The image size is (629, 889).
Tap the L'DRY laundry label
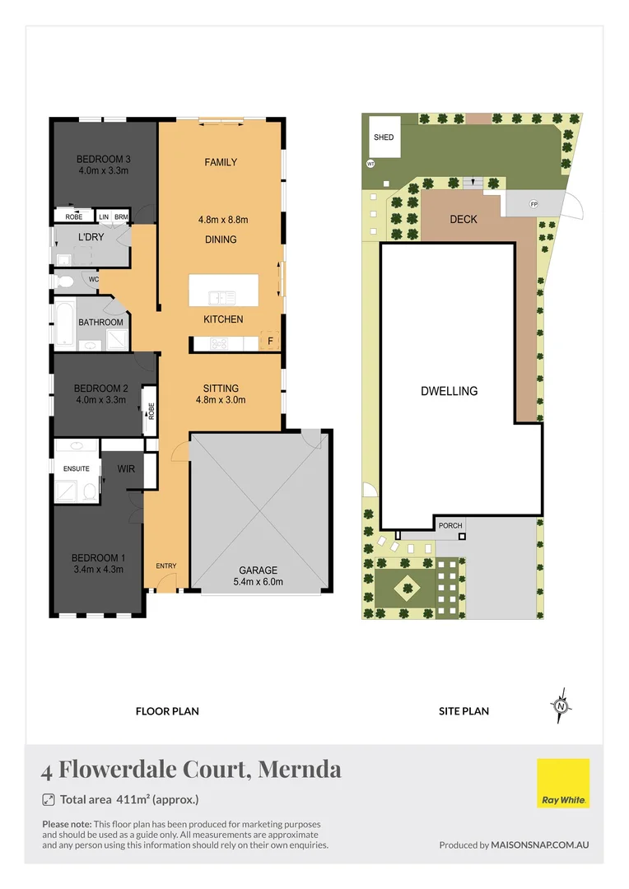tap(90, 238)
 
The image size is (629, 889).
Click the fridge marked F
tap(269, 340)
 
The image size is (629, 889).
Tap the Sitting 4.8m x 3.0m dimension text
tap(221, 400)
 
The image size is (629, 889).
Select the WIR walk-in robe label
tap(126, 468)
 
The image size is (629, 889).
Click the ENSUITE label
tap(77, 468)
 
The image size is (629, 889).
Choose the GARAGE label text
tap(258, 570)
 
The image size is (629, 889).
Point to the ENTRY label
tap(166, 566)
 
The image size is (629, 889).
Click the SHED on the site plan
tap(384, 137)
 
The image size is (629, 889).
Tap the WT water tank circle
tap(370, 164)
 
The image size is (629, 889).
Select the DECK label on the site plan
tap(464, 220)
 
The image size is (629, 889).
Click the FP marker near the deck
tap(533, 203)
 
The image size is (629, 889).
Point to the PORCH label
tap(450, 525)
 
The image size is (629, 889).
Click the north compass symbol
tap(561, 705)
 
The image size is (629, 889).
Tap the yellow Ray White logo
tap(563, 783)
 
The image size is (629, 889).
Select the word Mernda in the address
tap(300, 770)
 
